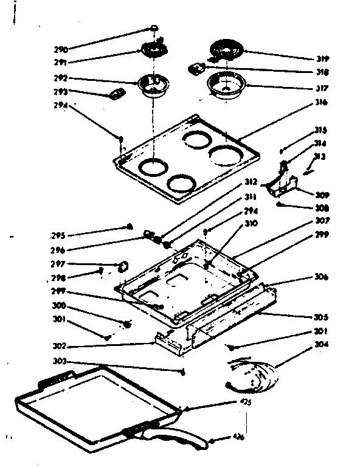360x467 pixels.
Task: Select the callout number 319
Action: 322,59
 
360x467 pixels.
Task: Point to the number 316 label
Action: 322,102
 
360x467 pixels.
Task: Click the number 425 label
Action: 246,402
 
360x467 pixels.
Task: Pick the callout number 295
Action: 58,235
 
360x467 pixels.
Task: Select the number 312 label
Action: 251,182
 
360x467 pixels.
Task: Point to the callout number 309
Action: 322,196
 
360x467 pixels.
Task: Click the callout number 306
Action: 322,277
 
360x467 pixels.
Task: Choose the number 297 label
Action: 58,265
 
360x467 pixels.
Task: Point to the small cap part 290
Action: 154,28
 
